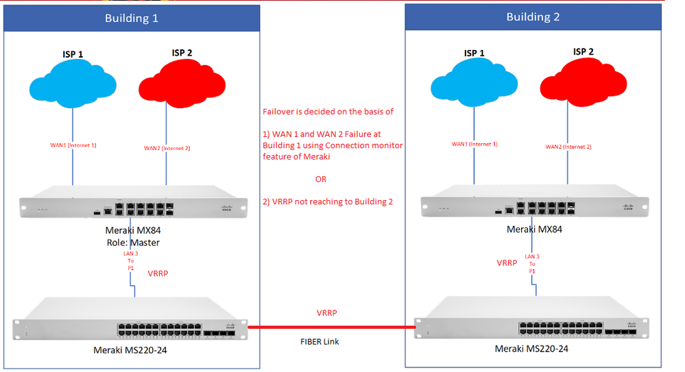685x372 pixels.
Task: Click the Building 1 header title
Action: [x=131, y=18]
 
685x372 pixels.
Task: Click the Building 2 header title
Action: [x=533, y=16]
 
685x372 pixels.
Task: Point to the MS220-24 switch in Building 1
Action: [x=130, y=323]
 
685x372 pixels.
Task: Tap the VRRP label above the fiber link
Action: [x=326, y=312]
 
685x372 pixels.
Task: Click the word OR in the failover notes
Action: [x=321, y=179]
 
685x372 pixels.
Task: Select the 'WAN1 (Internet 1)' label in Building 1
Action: [x=73, y=145]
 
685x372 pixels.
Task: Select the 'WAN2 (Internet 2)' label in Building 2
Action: [x=568, y=147]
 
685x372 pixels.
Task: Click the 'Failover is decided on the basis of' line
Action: [x=328, y=112]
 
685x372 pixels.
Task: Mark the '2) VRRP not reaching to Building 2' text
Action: [x=328, y=201]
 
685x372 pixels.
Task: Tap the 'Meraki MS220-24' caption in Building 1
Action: [x=130, y=350]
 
